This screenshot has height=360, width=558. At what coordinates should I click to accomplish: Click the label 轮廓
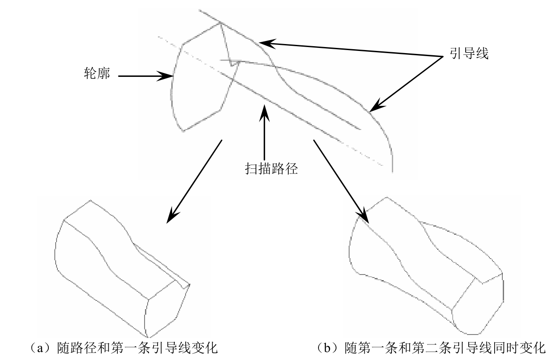(97, 74)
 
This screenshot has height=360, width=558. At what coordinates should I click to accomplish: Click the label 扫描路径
(271, 169)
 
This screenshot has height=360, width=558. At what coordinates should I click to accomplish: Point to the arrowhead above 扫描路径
(264, 113)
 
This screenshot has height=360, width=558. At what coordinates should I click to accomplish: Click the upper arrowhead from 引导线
(267, 44)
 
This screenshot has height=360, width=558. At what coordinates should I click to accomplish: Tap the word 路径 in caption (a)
(84, 348)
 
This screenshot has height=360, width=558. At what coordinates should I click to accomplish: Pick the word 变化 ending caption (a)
(205, 348)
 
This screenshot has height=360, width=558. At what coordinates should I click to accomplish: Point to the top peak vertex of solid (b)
(387, 197)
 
